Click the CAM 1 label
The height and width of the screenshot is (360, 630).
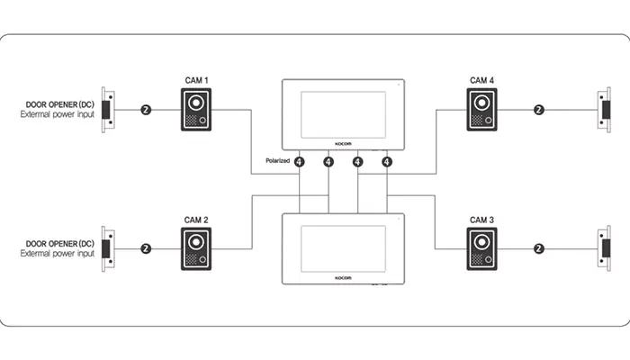[x=196, y=80]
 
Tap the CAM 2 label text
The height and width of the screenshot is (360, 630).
[x=196, y=220]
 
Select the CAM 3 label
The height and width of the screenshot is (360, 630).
[x=481, y=220]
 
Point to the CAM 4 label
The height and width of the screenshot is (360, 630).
[x=481, y=80]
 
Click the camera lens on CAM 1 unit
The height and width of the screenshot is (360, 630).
[x=196, y=103]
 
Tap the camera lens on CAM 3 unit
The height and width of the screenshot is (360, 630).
[x=481, y=242]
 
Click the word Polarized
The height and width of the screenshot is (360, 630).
[x=277, y=161]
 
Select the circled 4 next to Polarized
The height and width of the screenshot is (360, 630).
[x=300, y=161]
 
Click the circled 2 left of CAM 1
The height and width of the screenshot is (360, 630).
[x=146, y=110]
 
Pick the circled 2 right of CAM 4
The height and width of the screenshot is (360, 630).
[x=539, y=110]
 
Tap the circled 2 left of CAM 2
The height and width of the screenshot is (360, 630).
[x=146, y=248]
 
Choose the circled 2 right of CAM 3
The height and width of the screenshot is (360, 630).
[x=539, y=248]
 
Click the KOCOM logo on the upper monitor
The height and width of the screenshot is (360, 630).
[x=343, y=144]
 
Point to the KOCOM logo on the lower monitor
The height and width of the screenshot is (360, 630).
[x=343, y=278]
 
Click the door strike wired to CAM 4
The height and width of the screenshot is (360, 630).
[x=604, y=110]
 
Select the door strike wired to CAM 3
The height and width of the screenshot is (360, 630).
[x=604, y=248]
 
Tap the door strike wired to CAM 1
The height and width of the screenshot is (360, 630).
[x=108, y=110]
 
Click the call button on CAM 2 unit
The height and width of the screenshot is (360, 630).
[x=202, y=260]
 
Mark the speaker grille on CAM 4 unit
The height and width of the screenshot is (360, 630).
[x=477, y=120]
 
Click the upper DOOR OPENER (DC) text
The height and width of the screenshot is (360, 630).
[x=60, y=104]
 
